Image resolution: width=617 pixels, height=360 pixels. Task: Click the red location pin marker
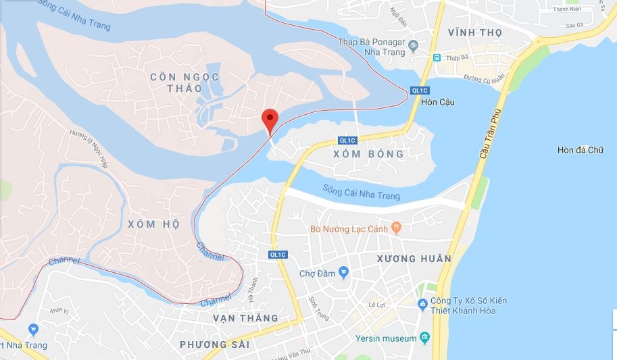270,120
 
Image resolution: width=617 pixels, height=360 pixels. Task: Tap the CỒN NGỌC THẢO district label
176,83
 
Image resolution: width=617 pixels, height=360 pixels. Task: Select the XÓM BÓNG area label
368,154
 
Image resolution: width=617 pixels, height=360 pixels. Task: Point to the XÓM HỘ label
154,224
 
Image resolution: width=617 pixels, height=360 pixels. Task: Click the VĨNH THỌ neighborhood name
474,32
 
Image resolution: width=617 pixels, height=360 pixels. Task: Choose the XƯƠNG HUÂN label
414,259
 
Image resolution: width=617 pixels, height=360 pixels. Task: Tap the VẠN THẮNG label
245,318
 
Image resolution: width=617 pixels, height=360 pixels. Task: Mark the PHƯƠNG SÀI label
214,344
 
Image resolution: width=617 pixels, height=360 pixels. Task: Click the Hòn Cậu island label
437,103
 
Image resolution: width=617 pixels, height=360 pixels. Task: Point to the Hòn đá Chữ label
581,150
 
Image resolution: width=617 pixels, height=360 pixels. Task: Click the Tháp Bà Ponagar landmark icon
414,45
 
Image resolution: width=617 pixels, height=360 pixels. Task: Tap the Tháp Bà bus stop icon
437,57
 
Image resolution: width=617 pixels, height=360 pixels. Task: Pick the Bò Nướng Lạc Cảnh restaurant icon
396,229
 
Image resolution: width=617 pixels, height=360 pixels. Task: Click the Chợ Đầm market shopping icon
344,273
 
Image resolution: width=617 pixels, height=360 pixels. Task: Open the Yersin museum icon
424,337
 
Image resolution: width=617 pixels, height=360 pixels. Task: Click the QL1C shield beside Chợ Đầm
278,255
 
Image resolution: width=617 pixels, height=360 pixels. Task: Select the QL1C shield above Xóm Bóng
347,140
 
